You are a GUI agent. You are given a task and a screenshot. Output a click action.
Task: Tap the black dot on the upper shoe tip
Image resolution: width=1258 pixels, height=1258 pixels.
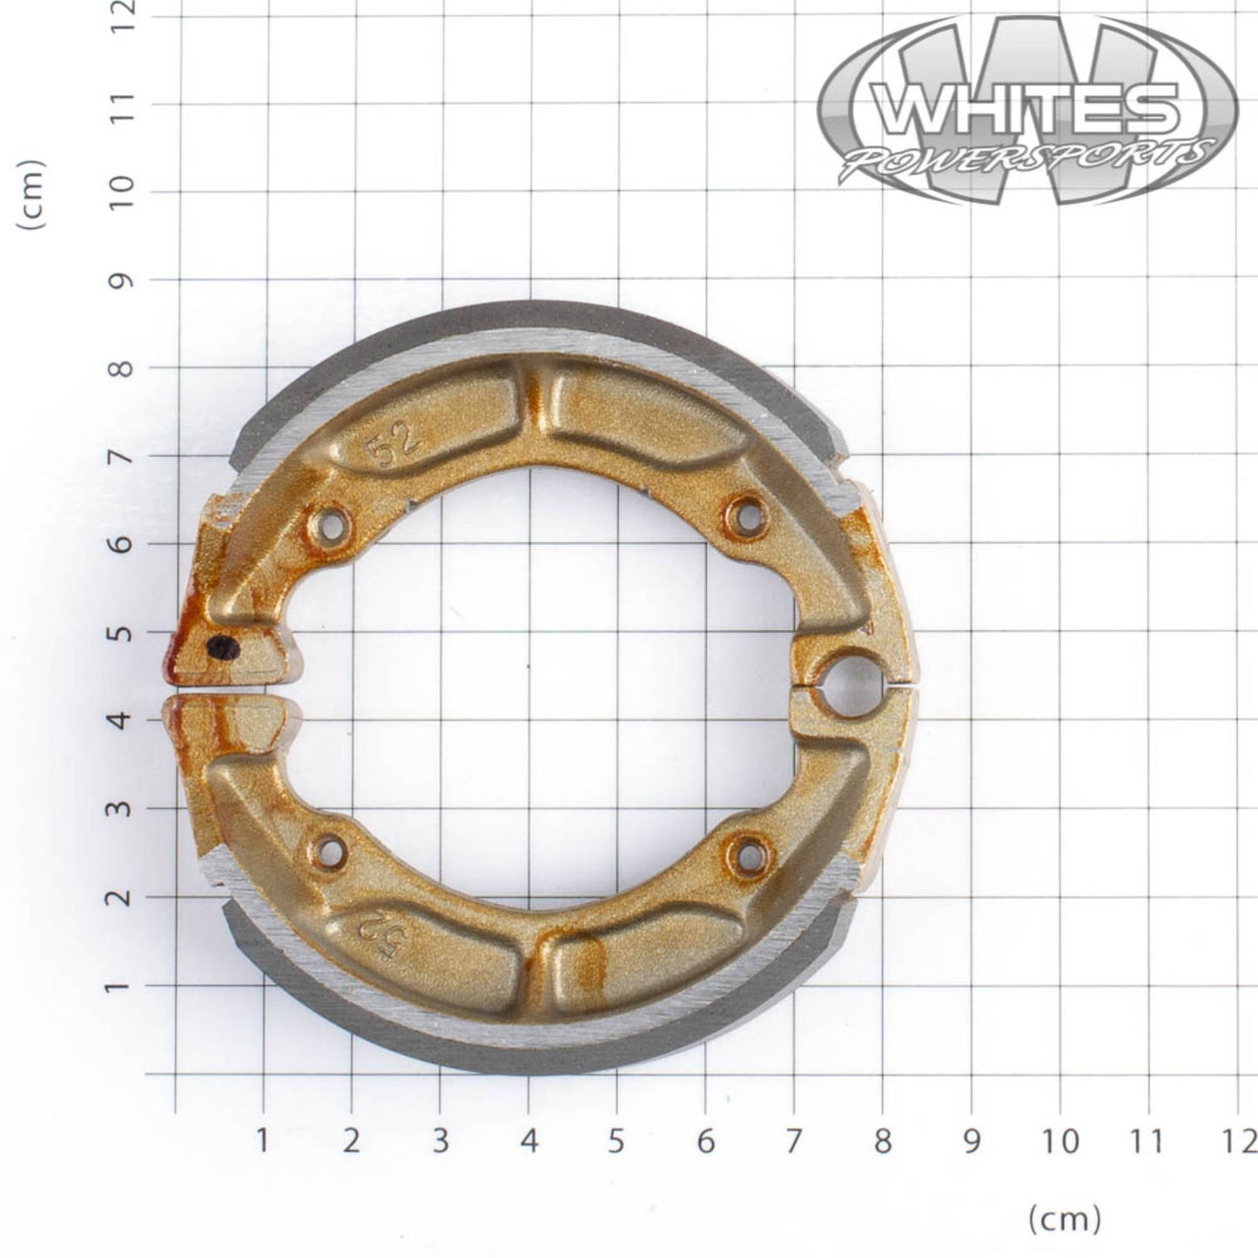click(x=224, y=647)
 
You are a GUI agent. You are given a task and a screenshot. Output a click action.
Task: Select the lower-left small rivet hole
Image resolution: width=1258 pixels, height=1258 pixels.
click(x=331, y=845)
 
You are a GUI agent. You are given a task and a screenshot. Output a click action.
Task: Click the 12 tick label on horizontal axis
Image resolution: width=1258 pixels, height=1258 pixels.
click(x=1240, y=1141)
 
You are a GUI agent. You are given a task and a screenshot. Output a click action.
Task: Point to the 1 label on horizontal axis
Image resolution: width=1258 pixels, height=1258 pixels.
click(x=262, y=1141)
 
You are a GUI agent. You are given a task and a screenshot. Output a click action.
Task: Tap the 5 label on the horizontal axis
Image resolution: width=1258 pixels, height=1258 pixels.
click(x=616, y=1141)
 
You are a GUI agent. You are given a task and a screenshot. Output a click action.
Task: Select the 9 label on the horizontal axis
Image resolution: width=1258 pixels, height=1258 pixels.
click(x=971, y=1141)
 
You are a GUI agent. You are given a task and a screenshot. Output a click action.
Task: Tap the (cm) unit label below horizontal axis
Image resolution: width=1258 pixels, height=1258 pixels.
click(x=1065, y=1219)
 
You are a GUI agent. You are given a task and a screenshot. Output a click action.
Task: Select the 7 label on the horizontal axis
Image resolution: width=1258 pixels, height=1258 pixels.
click(x=794, y=1141)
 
